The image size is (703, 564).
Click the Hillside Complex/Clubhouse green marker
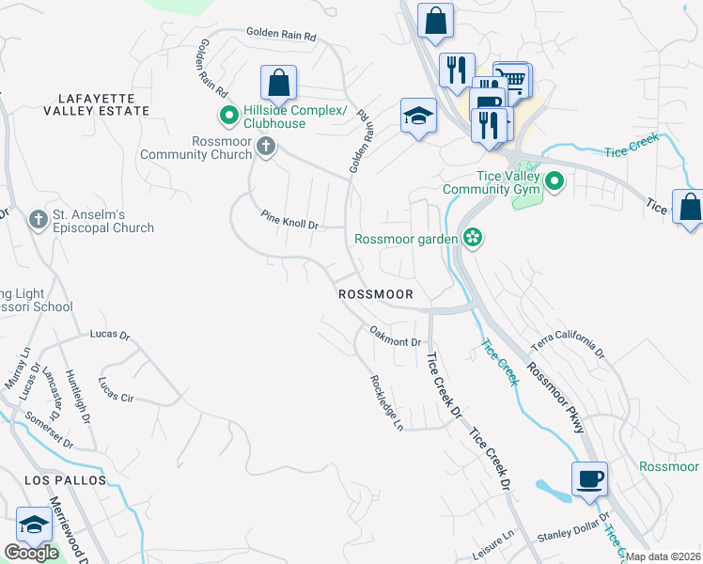[228, 117]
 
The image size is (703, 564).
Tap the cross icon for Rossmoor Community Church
[267, 147]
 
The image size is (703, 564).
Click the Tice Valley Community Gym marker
[554, 180]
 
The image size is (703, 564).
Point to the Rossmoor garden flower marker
[472, 238]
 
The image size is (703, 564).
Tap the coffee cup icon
[589, 478]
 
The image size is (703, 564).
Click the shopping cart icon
[512, 79]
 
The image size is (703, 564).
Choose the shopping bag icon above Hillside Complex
[279, 83]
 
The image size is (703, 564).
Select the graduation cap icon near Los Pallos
[35, 525]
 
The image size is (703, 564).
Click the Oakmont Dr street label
[395, 336]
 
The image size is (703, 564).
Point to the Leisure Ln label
[494, 546]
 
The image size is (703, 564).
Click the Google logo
[32, 553]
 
